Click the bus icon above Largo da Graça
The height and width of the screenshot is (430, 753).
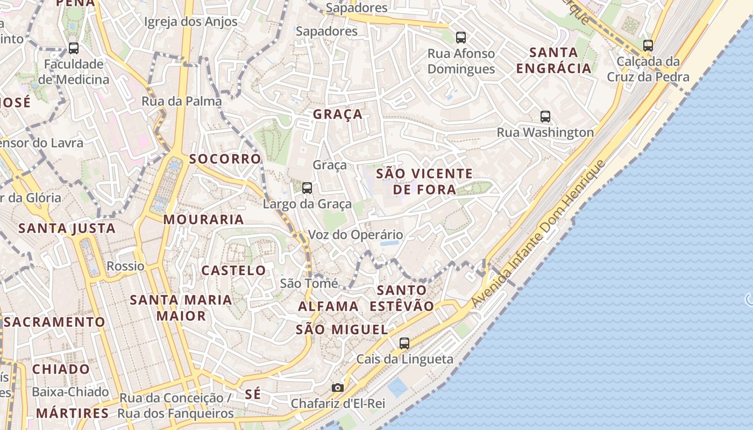tap(307, 188)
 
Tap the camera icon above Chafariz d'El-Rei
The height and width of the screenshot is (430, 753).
tap(337, 388)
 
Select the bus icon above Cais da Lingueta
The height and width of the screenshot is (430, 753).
tap(404, 343)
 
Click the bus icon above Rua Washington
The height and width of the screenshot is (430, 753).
tap(545, 116)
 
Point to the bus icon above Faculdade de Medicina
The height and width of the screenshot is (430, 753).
tap(74, 48)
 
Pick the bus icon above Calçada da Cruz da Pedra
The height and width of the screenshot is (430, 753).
tap(648, 46)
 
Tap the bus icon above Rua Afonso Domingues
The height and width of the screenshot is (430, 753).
tap(461, 38)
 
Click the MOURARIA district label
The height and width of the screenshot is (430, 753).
tap(204, 219)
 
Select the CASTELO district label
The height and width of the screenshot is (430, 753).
tap(233, 270)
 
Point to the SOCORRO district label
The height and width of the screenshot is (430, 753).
tap(225, 159)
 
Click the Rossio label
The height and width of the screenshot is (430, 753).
tap(125, 266)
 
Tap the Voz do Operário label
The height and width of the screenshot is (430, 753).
tap(355, 235)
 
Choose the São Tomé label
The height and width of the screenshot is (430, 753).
tap(309, 283)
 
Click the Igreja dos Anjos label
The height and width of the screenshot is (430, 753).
tap(191, 21)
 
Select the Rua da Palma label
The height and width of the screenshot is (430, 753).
tap(182, 101)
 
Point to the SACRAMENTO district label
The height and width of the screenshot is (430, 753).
tap(55, 322)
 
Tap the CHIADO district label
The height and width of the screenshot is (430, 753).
tap(61, 369)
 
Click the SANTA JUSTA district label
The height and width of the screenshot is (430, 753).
tap(67, 228)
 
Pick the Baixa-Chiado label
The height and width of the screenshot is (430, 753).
tap(70, 391)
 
